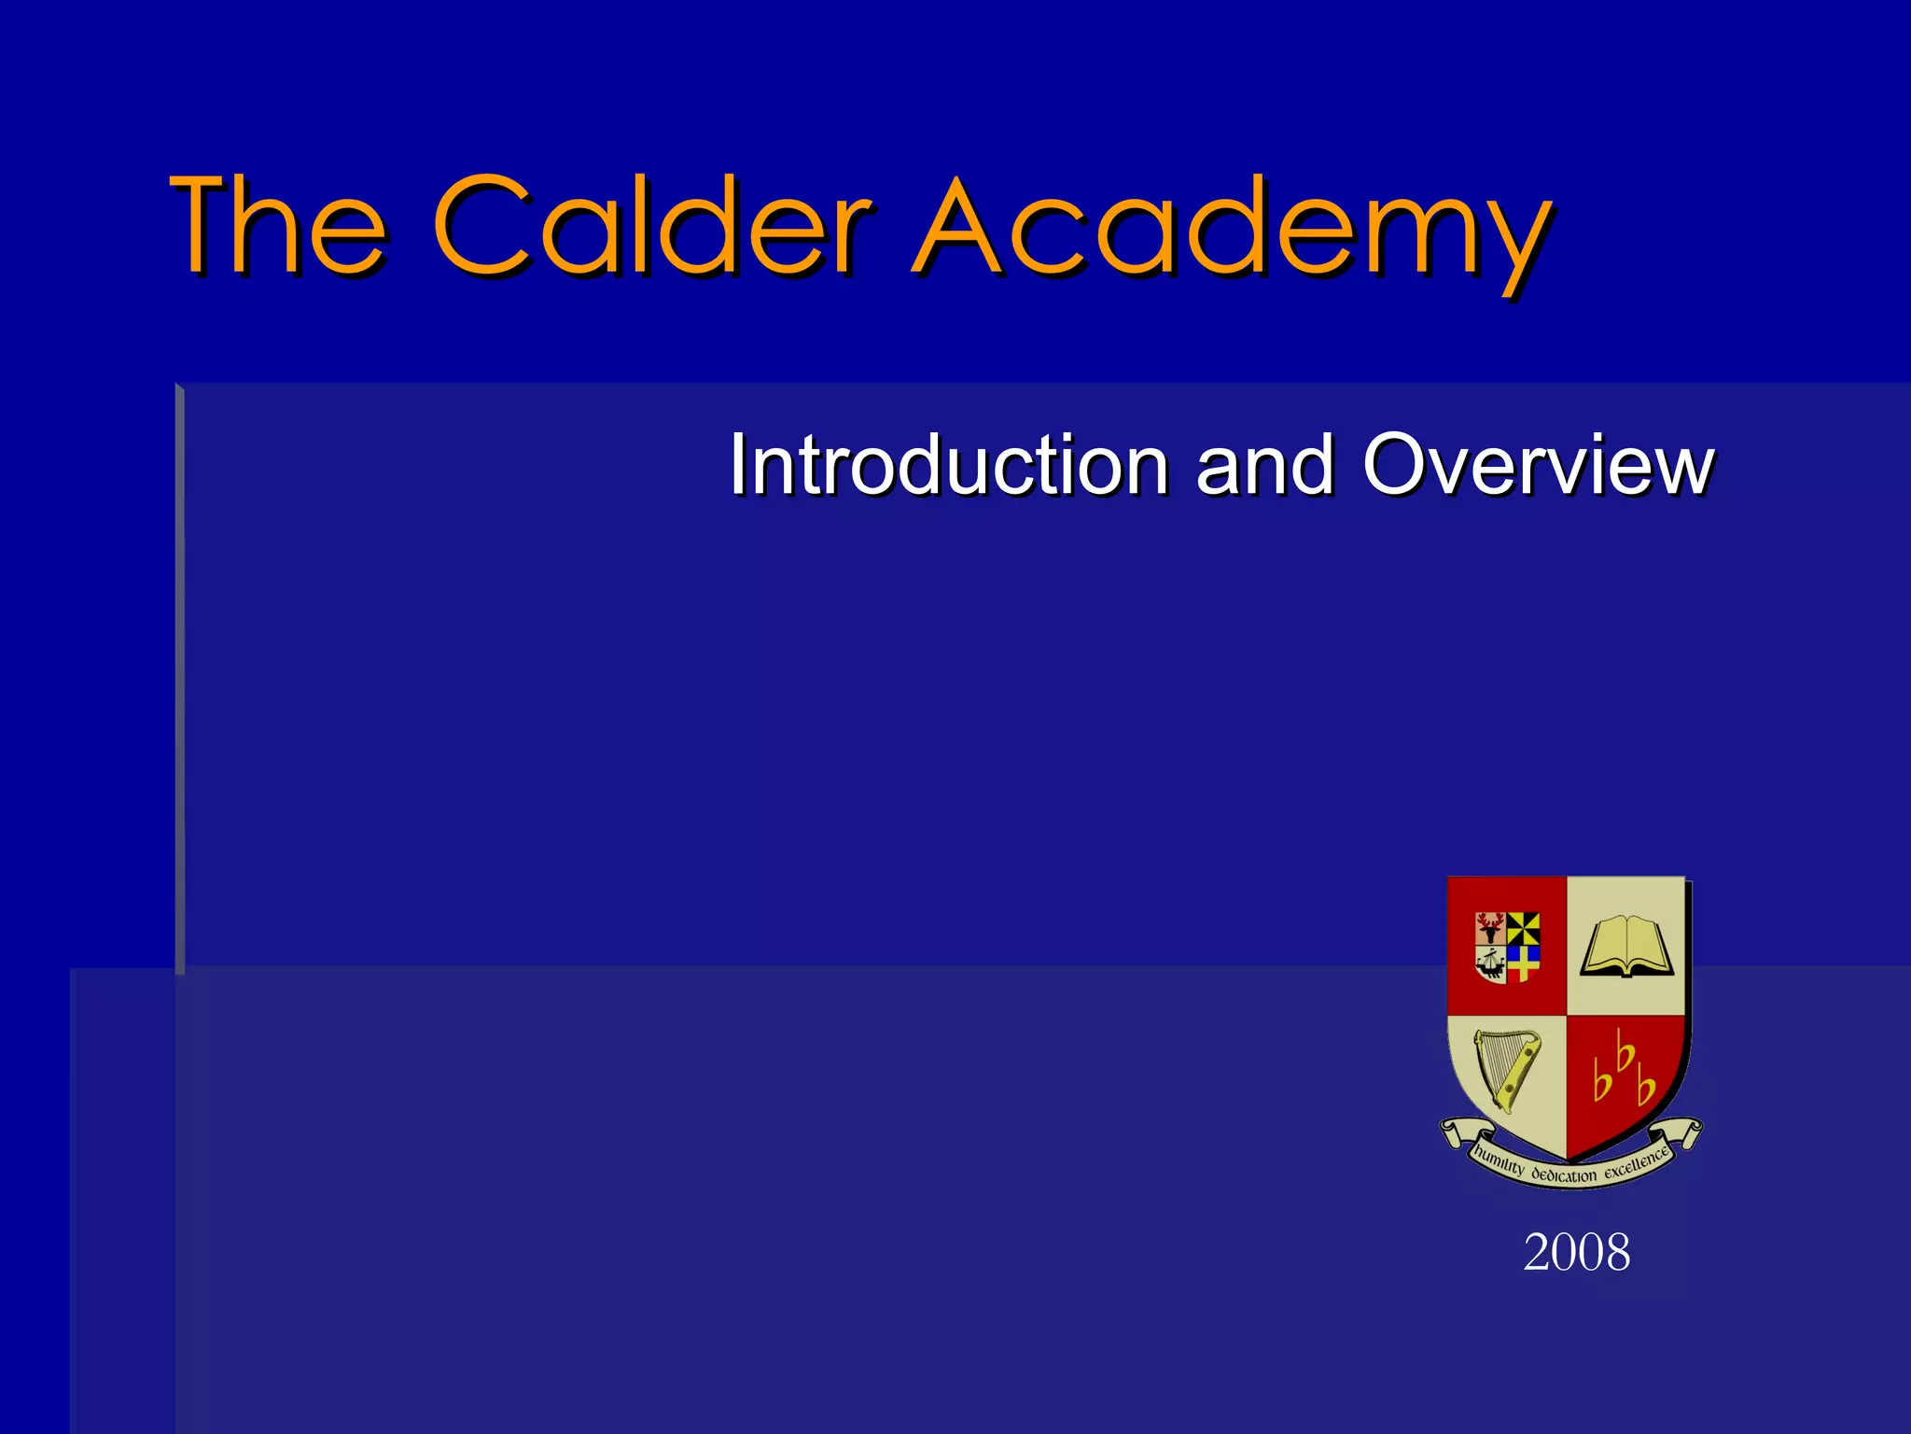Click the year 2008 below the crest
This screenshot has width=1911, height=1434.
pyautogui.click(x=1577, y=1252)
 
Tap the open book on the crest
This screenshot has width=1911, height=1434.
pyautogui.click(x=1626, y=946)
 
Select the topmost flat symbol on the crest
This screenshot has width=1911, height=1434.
pyautogui.click(x=1625, y=1054)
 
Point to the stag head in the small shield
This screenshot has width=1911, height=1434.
pyautogui.click(x=1490, y=927)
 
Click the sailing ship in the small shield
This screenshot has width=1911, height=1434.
pyautogui.click(x=1490, y=963)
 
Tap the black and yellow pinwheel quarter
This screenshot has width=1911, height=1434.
pyautogui.click(x=1523, y=928)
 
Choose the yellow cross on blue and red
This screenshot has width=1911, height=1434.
pyautogui.click(x=1523, y=963)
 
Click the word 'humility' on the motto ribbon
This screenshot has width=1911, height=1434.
pyautogui.click(x=1499, y=1162)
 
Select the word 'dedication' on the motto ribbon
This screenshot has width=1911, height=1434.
pyautogui.click(x=1564, y=1175)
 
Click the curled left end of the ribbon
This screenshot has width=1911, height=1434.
pyautogui.click(x=1452, y=1132)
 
